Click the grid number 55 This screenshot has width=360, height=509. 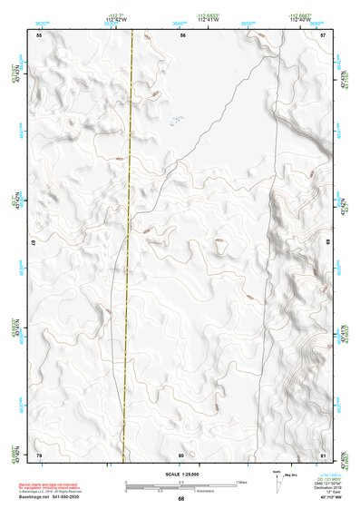(39, 34)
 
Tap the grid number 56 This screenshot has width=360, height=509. (182, 34)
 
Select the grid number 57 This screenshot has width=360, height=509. (324, 34)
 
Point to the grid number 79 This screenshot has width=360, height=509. (39, 454)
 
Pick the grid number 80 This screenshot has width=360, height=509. (182, 454)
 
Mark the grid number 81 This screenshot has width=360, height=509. (324, 454)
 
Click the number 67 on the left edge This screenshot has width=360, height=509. (34, 244)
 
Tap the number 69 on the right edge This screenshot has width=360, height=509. (327, 244)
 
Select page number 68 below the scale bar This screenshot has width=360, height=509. (181, 499)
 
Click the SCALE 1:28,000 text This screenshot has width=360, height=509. (181, 474)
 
